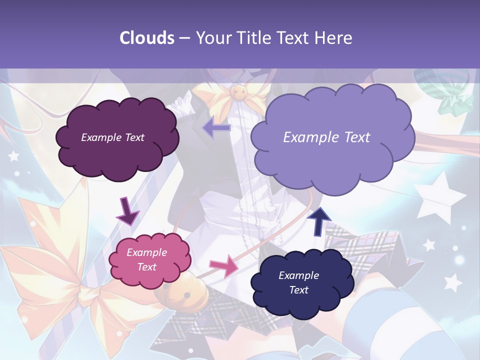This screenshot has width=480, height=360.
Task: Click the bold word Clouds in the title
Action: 147,38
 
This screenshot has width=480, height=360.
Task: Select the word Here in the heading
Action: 334,38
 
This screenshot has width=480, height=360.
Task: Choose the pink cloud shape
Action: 149,260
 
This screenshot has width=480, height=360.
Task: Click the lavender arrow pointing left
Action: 216,128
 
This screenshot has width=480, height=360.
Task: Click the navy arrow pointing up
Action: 319,221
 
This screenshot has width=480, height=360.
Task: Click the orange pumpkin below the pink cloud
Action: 172,293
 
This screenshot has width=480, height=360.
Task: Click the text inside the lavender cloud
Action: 326,137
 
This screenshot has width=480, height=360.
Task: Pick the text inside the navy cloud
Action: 298,282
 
